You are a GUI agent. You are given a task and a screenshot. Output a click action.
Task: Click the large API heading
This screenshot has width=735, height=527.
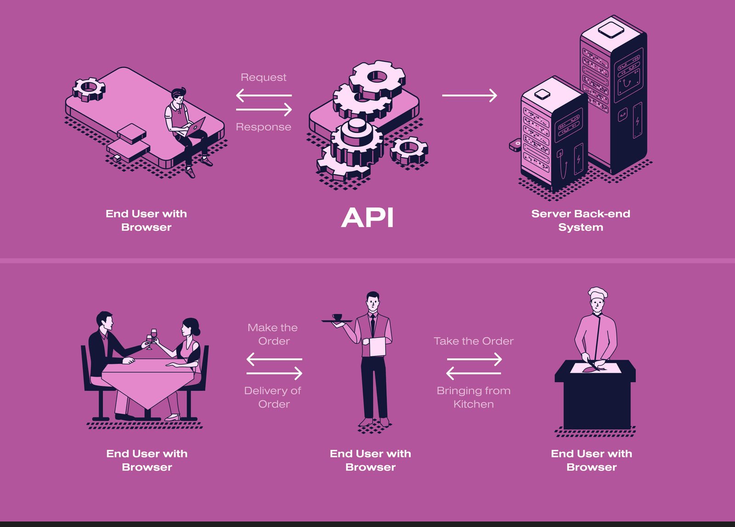click(367, 218)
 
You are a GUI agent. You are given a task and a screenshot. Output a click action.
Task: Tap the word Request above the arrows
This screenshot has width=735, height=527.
click(263, 77)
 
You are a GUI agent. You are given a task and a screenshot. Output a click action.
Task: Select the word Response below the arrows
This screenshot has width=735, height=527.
click(263, 127)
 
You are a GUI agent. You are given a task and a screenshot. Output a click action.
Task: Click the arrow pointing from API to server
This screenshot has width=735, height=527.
click(469, 95)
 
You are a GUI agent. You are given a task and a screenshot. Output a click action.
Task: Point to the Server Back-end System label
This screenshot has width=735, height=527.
click(581, 220)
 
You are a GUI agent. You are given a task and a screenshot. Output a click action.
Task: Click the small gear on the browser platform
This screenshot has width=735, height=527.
click(89, 89)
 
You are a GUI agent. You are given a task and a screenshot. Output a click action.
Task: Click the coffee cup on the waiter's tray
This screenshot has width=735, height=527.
click(337, 317)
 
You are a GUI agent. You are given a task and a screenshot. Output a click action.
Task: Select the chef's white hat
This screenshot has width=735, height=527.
click(598, 293)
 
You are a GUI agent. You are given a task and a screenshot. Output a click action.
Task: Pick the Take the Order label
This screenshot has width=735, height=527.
click(473, 341)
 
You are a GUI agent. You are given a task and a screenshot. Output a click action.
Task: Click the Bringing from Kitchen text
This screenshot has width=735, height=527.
click(473, 397)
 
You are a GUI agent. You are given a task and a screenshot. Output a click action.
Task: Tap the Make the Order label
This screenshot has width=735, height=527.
click(273, 334)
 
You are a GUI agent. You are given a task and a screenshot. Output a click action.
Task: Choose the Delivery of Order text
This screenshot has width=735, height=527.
click(273, 397)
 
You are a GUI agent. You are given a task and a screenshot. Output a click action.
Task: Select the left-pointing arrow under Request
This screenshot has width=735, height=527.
click(264, 95)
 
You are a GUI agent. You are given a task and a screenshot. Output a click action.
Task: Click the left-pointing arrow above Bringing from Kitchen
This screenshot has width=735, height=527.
click(473, 373)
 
